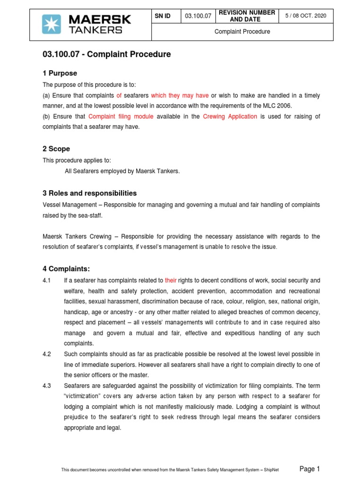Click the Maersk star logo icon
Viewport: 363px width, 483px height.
coord(52,24)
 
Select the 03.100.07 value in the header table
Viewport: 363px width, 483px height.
coord(198,17)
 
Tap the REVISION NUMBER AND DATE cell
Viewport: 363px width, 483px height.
coord(245,17)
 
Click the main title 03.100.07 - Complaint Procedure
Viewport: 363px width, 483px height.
coord(106,55)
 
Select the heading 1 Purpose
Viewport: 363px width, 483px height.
coord(60,73)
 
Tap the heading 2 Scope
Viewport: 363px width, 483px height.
coord(56,149)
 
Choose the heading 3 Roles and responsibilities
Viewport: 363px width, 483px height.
coord(89,193)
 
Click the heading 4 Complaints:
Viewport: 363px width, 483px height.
coord(66,269)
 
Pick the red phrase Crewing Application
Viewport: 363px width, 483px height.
coord(230,117)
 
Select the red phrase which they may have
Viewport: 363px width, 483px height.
coord(180,96)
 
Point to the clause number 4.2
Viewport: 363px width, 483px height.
coord(47,354)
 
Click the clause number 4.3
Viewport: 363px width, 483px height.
coord(47,386)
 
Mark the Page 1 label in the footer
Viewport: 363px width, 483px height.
coord(310,468)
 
